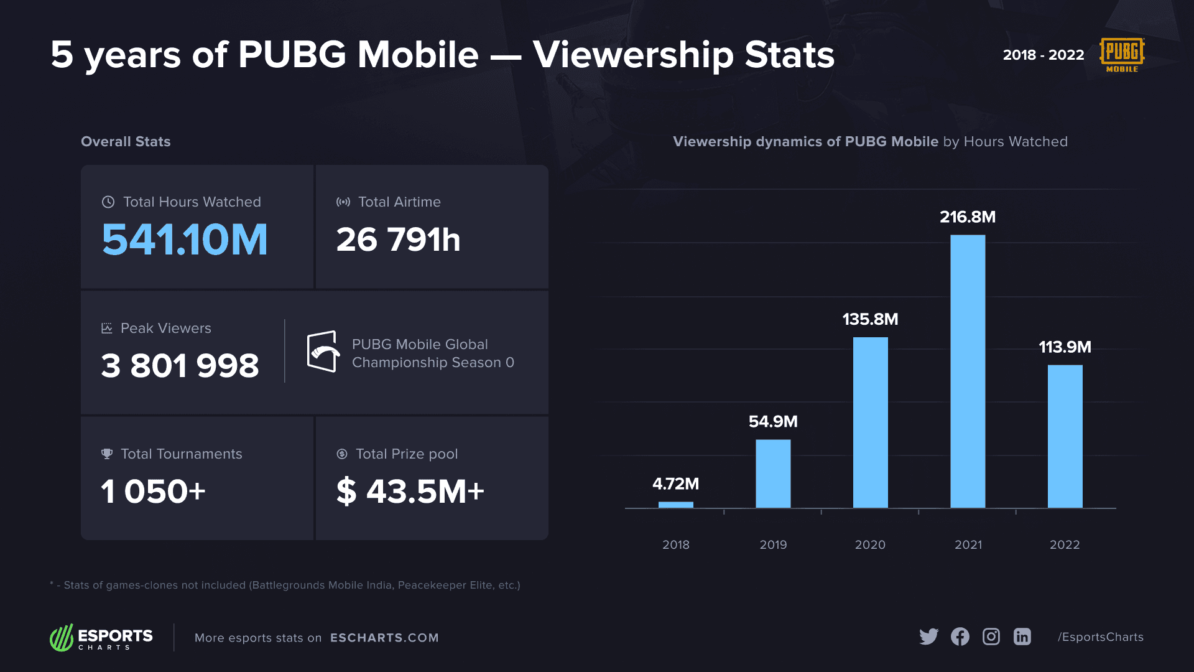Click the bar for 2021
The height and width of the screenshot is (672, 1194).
click(x=968, y=371)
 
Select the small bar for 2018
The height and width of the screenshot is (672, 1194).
click(x=675, y=505)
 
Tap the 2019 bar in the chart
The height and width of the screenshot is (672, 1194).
click(x=773, y=474)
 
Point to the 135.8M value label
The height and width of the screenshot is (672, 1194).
click(x=870, y=319)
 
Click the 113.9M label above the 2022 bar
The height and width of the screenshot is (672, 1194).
click(x=1065, y=347)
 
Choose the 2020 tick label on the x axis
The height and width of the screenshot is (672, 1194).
click(x=870, y=544)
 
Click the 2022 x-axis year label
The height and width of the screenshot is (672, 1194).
click(x=1065, y=544)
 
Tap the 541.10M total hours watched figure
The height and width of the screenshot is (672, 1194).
click(x=185, y=240)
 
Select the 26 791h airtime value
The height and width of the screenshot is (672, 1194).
click(x=398, y=240)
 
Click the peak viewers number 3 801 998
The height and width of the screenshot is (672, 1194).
click(x=180, y=366)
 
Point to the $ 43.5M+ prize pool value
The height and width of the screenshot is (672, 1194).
click(x=410, y=492)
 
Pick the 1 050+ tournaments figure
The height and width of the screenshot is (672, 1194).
click(x=153, y=492)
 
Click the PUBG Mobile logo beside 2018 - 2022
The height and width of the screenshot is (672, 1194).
click(x=1122, y=55)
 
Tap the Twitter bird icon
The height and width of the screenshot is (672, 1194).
click(x=928, y=637)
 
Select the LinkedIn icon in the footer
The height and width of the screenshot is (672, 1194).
click(x=1022, y=637)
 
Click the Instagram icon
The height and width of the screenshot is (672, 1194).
click(x=991, y=637)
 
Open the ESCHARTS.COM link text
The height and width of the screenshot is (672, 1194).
click(x=384, y=638)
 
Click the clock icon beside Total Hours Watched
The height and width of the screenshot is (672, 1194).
click(x=108, y=202)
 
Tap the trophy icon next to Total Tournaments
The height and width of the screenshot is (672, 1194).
click(x=107, y=454)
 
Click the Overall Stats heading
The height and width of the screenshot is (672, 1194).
click(x=126, y=142)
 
